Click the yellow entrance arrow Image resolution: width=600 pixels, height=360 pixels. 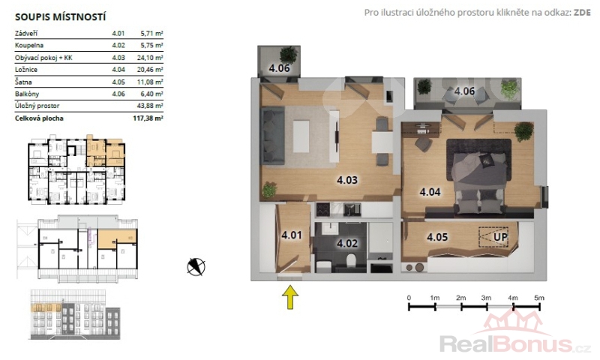(x=290, y=297)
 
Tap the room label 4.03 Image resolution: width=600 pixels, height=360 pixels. (x=347, y=180)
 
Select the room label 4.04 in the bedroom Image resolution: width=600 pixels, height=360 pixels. (x=430, y=192)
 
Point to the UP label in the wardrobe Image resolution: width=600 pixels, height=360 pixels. (x=500, y=237)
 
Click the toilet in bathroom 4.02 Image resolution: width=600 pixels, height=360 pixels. (x=351, y=261)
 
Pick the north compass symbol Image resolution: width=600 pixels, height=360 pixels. (x=196, y=267)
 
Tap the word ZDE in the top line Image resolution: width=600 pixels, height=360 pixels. (x=582, y=13)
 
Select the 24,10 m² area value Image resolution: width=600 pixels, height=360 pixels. (x=150, y=58)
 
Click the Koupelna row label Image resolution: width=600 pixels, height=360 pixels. (x=29, y=46)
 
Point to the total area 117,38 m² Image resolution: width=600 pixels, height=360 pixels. (x=148, y=118)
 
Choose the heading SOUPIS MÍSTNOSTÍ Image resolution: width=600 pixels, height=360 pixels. (x=60, y=17)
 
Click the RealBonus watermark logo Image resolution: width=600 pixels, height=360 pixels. (x=515, y=334)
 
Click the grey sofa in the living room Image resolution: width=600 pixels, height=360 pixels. (x=272, y=136)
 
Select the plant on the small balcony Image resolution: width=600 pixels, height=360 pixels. (x=289, y=55)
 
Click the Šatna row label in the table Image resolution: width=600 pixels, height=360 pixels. (x=23, y=82)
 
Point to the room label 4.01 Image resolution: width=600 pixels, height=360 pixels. (x=292, y=235)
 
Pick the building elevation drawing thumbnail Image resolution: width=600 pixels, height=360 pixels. (x=75, y=314)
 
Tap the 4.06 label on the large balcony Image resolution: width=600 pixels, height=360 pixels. (x=464, y=91)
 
